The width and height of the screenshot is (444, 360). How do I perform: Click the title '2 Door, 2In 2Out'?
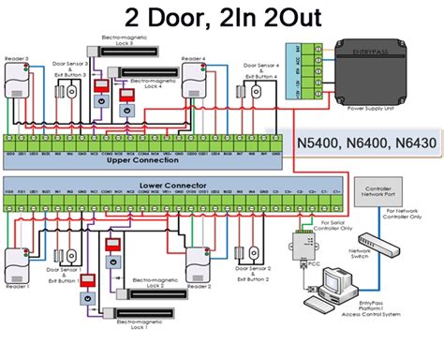point(221,18)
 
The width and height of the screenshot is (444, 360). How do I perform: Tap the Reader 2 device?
point(199,265)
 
